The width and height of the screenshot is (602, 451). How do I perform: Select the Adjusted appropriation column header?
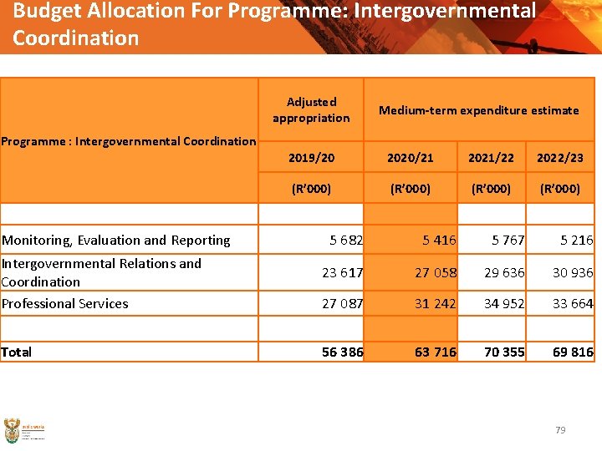(311, 109)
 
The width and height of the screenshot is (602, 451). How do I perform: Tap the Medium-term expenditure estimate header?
(478, 109)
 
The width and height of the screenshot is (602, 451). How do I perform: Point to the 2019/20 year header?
(311, 157)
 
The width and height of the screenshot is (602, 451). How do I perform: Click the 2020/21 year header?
(410, 157)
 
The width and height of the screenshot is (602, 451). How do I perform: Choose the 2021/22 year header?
(491, 157)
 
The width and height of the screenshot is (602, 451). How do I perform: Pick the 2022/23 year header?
(559, 157)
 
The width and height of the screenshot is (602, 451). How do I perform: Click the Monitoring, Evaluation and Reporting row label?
(116, 240)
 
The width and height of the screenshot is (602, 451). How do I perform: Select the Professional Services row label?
(65, 303)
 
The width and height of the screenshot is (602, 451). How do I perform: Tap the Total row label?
(17, 352)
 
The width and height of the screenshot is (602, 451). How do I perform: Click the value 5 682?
(345, 240)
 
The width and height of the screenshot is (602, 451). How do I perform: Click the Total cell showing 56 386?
(343, 352)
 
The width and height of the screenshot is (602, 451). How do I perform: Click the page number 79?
(560, 430)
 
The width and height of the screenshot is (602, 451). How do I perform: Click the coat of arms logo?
(13, 430)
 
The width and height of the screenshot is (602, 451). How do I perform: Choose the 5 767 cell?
(508, 240)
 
